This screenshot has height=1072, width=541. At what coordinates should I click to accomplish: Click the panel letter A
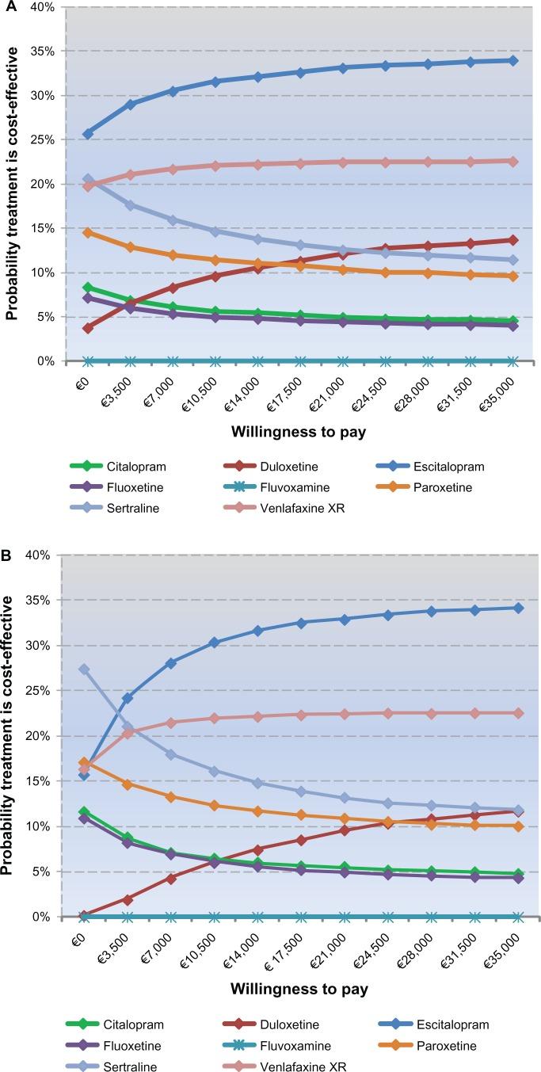(6, 6)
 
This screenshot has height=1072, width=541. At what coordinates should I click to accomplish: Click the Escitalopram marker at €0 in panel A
(88, 134)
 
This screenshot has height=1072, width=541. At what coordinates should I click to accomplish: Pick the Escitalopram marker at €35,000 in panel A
(513, 60)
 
